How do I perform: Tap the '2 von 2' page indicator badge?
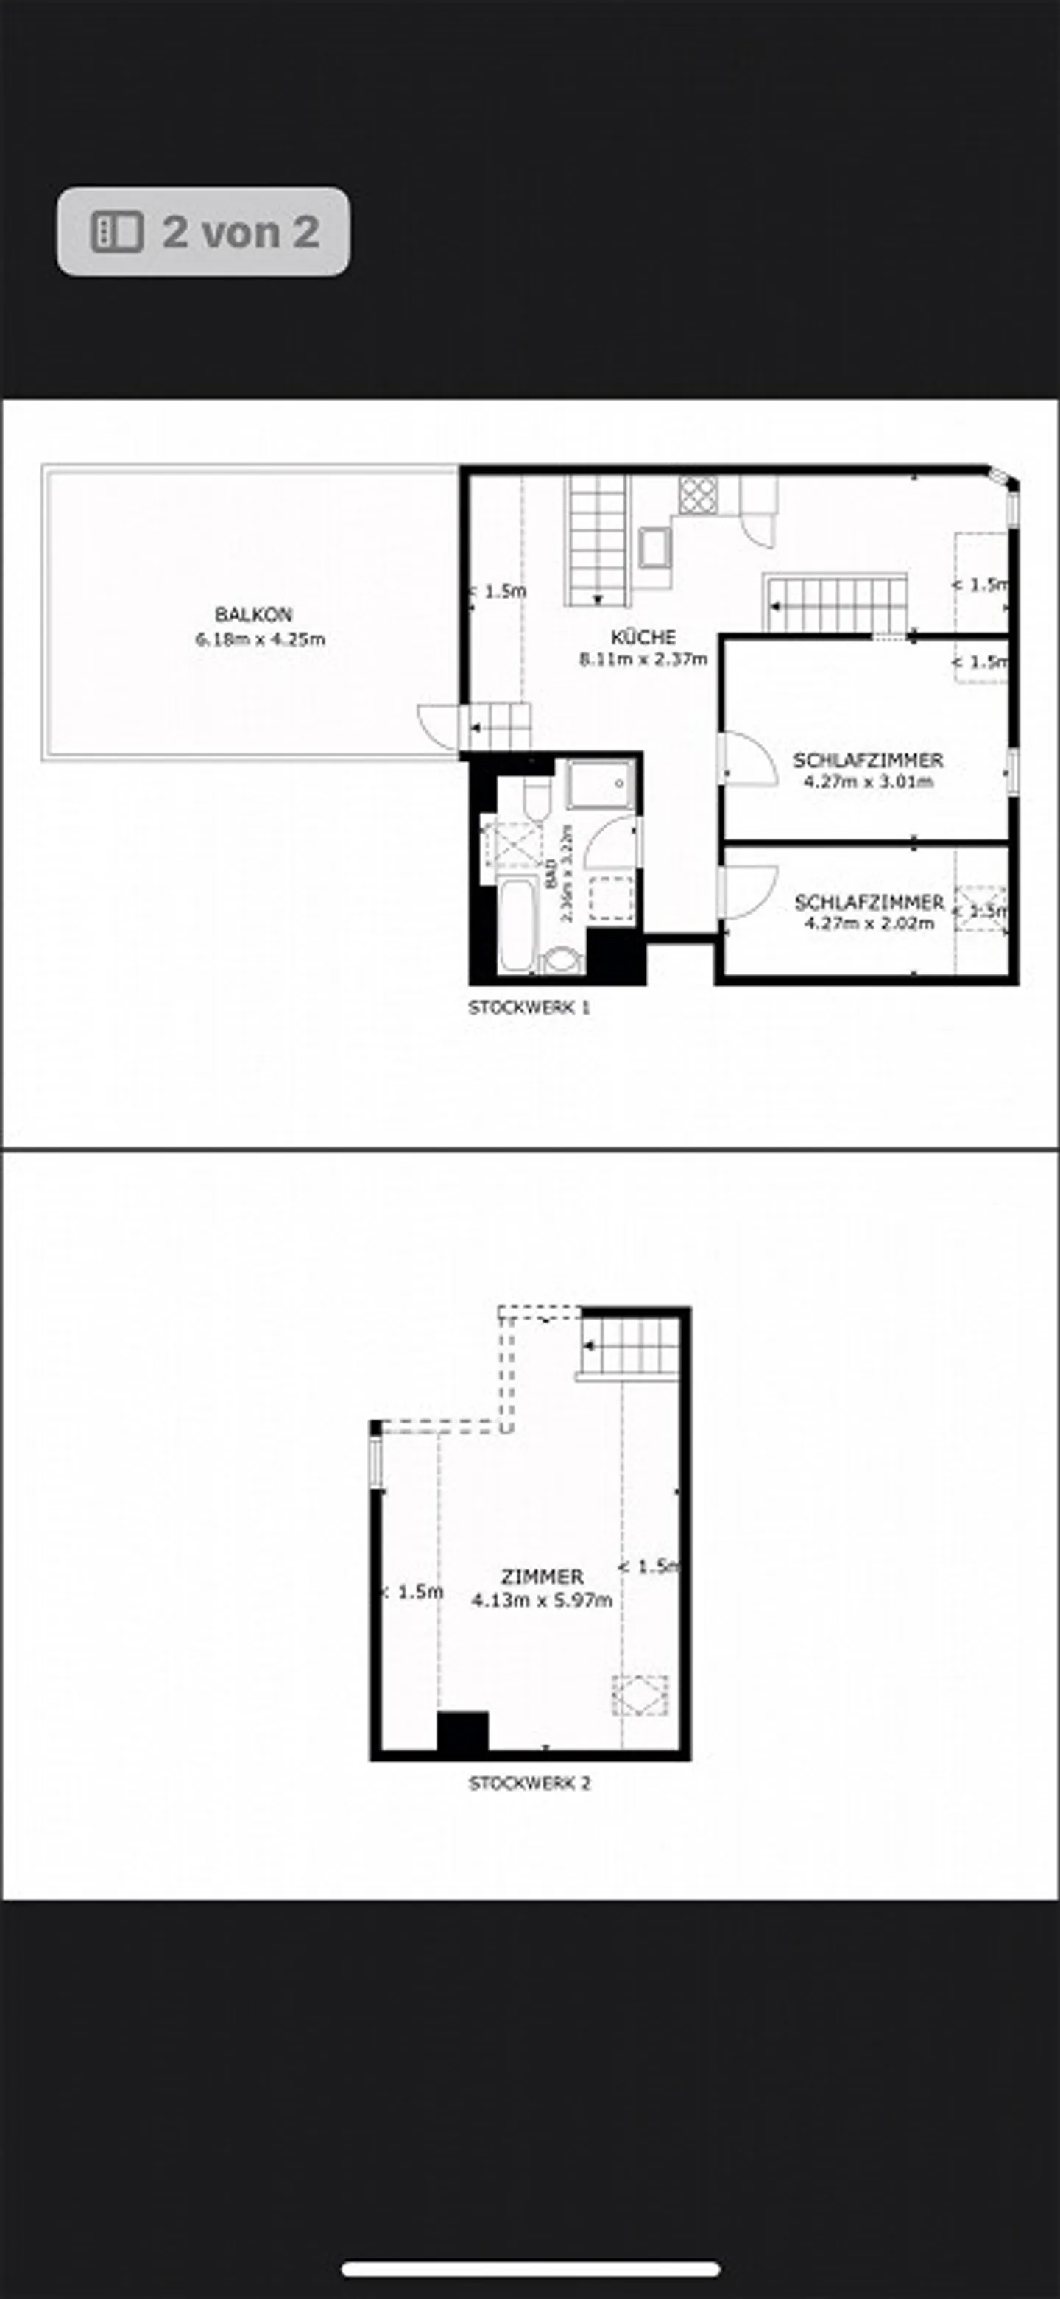point(203,231)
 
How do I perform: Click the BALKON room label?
point(253,614)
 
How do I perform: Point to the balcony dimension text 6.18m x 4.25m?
point(260,639)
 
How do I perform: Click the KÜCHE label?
point(643,637)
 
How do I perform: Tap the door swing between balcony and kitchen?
point(437,724)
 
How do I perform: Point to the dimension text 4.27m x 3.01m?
point(868,782)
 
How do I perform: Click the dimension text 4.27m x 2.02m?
point(868,923)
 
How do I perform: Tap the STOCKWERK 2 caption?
point(529,1783)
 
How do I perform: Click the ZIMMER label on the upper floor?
point(542,1577)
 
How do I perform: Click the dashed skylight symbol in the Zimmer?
point(639,1696)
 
